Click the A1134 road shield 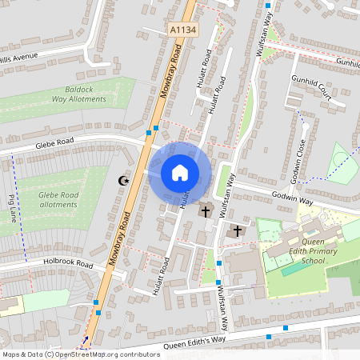click(183, 30)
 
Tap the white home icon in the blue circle click(180, 172)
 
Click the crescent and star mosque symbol click(123, 181)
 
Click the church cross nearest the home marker click(206, 211)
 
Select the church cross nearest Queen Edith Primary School click(235, 230)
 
